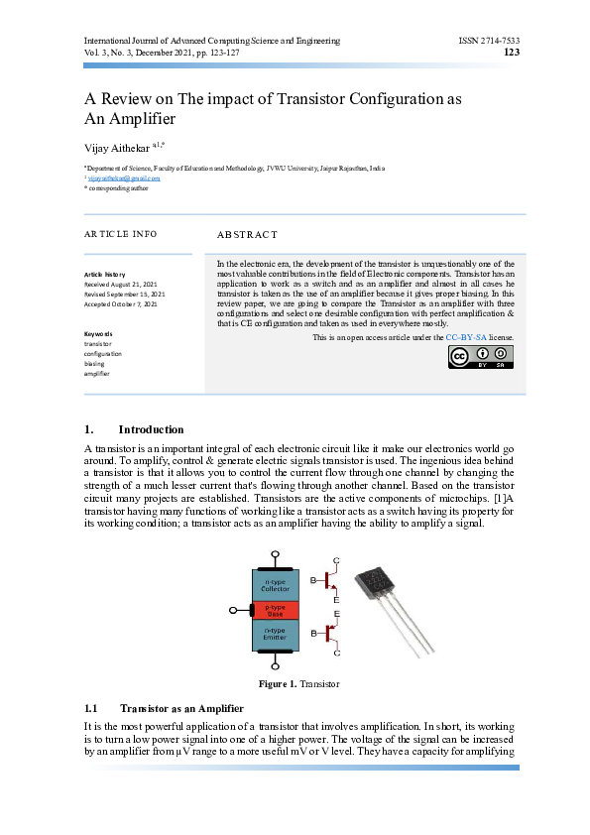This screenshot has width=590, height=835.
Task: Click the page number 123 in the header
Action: point(513,53)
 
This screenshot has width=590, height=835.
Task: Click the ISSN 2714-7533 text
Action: point(490,41)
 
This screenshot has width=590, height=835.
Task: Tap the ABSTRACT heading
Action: point(247,235)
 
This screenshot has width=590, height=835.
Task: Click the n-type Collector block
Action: point(275,583)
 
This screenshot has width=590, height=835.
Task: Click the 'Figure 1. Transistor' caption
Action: point(298,685)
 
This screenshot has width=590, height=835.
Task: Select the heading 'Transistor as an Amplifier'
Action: point(175,709)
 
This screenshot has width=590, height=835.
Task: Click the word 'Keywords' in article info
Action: point(98,334)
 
